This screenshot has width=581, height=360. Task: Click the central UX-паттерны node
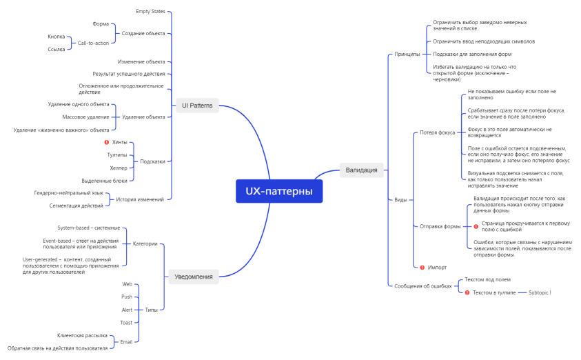click(279, 191)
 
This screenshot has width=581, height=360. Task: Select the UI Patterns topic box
click(196, 106)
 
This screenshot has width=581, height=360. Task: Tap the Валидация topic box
click(361, 170)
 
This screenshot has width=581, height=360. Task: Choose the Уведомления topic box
click(193, 277)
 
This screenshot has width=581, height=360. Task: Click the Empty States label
click(150, 12)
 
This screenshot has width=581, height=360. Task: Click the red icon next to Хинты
click(106, 142)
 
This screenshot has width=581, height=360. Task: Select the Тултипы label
click(117, 154)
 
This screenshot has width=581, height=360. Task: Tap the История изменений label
click(140, 199)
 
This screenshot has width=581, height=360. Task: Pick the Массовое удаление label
click(85, 117)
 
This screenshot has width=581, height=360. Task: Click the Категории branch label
click(145, 243)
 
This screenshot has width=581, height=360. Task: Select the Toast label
click(126, 322)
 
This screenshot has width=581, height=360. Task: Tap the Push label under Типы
click(127, 297)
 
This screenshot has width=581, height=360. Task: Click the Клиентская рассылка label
click(82, 335)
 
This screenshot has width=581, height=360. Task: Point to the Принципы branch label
click(407, 54)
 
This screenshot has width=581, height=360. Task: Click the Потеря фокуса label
click(437, 132)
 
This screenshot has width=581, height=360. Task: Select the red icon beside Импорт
click(422, 267)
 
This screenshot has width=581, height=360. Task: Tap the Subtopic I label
click(540, 292)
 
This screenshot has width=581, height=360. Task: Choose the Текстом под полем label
click(487, 279)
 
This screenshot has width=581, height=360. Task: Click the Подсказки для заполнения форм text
click(472, 54)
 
